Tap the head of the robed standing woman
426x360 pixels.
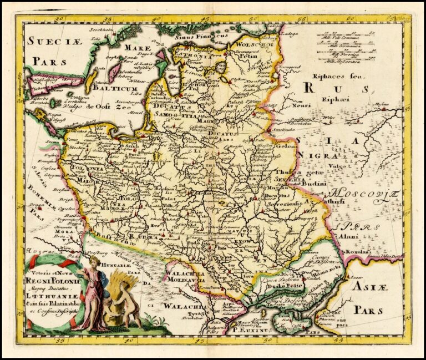point(95,261)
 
